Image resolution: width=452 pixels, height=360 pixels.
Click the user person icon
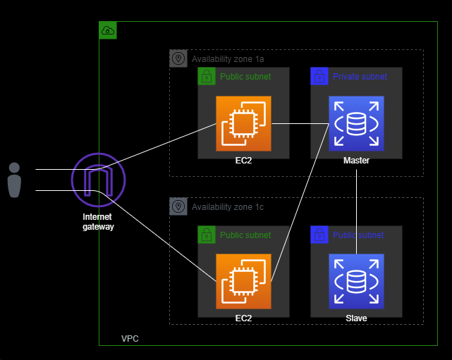tap(14, 180)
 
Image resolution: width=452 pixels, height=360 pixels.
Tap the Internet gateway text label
tap(97, 222)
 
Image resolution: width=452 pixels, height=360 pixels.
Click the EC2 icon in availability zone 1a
tap(243, 123)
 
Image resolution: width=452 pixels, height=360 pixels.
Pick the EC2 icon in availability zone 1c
tap(243, 281)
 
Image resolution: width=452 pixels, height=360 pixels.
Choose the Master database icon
tap(356, 123)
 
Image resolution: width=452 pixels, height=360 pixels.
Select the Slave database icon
tap(356, 281)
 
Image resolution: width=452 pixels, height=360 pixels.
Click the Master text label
tap(356, 161)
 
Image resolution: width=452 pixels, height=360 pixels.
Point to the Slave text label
tap(356, 318)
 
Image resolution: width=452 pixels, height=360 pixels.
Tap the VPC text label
tap(130, 339)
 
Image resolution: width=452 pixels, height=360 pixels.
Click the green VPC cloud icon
tap(108, 30)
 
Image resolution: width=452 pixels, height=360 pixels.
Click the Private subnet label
tap(360, 76)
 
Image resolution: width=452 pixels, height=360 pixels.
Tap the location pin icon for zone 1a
tap(178, 58)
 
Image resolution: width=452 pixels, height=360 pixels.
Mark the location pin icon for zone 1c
tap(178, 206)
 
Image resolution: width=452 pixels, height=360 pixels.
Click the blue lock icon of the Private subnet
tap(319, 76)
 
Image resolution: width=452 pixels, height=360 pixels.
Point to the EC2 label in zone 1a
tap(243, 161)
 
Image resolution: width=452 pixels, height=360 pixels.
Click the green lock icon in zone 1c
tap(207, 235)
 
